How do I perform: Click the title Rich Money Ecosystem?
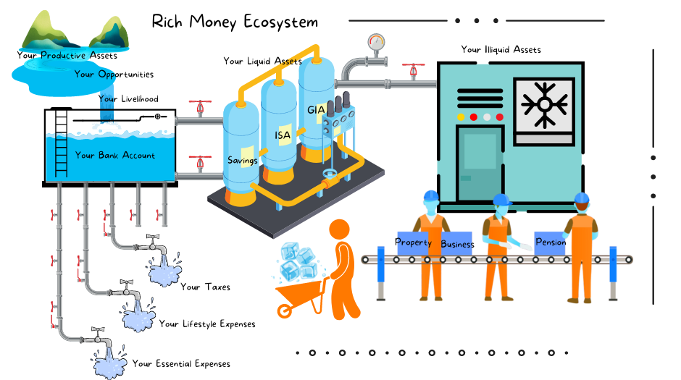235,22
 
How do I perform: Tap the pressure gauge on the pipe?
375,41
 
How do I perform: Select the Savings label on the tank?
243,160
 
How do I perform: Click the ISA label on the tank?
283,135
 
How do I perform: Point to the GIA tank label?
316,110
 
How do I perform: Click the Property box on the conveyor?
414,242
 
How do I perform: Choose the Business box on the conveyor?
457,245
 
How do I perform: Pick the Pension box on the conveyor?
550,242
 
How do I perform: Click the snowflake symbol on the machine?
544,104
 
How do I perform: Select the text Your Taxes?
205,287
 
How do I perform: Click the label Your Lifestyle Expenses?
207,324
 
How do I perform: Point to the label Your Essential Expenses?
181,363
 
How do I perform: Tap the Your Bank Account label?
115,156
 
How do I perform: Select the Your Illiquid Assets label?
501,50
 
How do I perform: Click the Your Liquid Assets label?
262,62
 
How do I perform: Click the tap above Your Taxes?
153,239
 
